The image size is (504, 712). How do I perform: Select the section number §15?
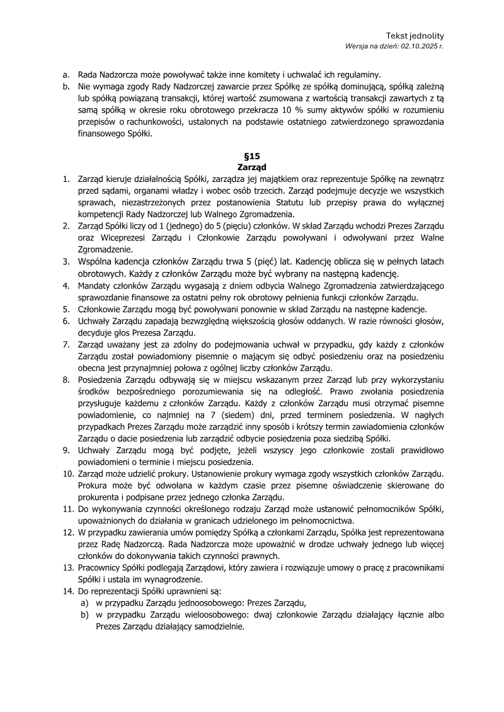pyautogui.click(x=251, y=156)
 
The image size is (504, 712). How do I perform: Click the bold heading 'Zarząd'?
pyautogui.click(x=251, y=167)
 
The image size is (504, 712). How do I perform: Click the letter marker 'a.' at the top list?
pyautogui.click(x=66, y=75)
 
